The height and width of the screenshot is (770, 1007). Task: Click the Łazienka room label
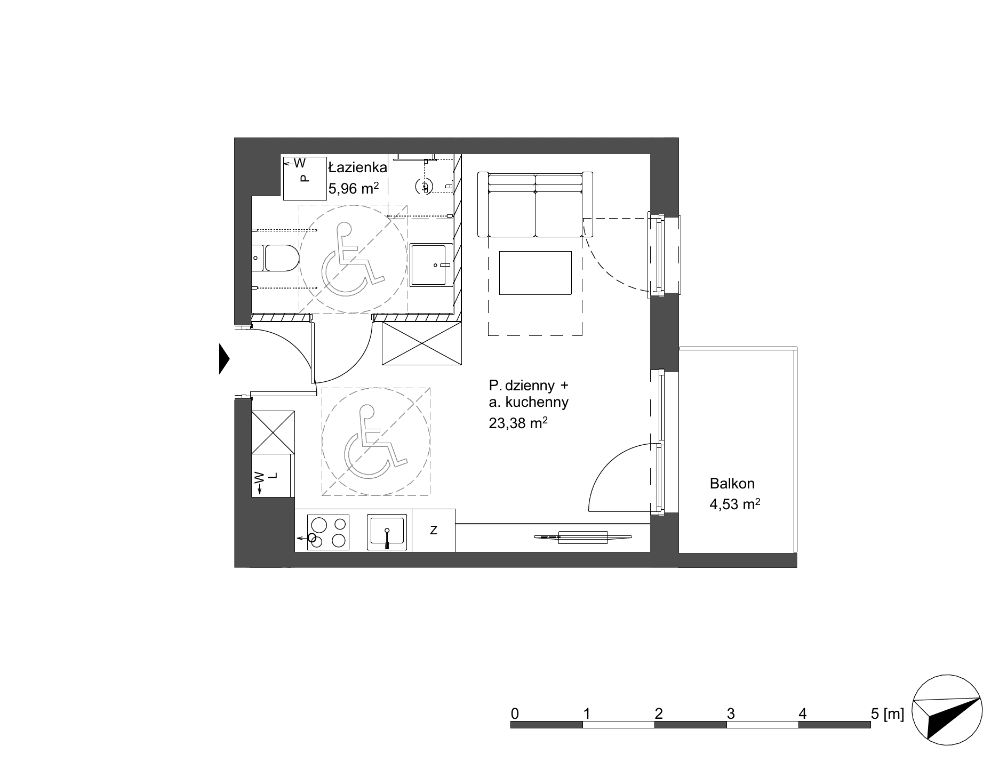(x=357, y=167)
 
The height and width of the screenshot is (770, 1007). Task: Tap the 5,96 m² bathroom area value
(x=353, y=189)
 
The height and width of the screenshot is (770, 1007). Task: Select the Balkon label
(x=732, y=484)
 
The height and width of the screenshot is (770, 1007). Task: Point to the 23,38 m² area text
(x=518, y=423)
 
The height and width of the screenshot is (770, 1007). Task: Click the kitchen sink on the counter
(x=387, y=532)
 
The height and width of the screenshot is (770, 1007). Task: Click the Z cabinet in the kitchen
(x=434, y=530)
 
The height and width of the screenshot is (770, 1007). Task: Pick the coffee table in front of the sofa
(x=535, y=273)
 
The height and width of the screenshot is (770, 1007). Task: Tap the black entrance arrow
(x=224, y=359)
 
